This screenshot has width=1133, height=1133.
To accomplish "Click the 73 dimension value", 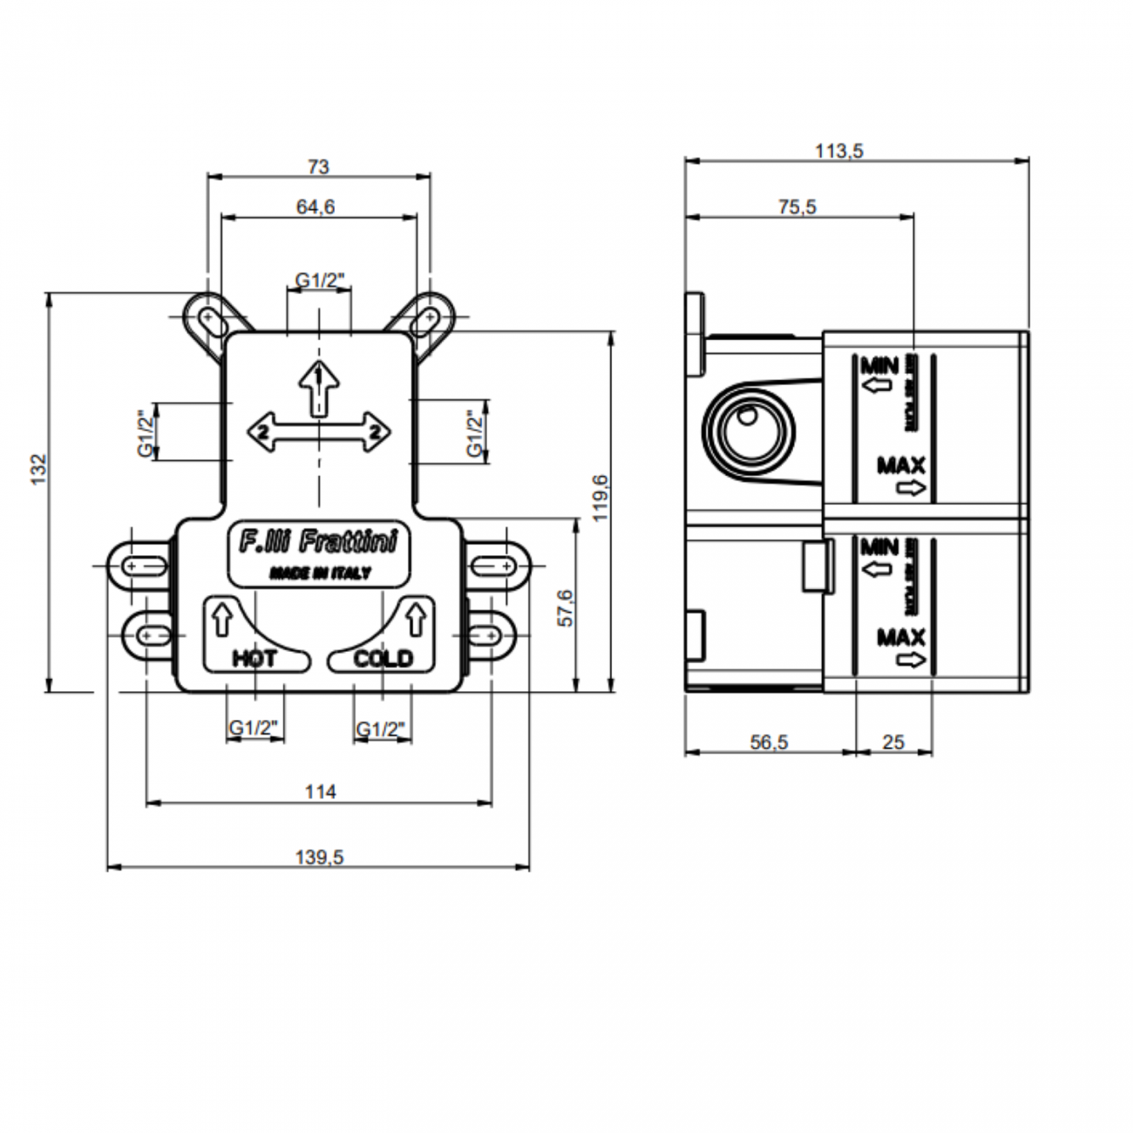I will tap(319, 166).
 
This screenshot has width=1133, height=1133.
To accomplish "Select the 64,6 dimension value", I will tap(315, 207).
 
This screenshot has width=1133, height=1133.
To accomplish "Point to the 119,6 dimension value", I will tap(600, 498).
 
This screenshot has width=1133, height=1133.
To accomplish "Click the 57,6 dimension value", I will tap(566, 607).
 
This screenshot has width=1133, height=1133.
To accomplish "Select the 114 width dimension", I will tap(320, 791).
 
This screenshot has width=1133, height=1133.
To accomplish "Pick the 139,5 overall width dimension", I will tap(319, 857).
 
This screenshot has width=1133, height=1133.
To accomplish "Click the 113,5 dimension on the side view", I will tap(838, 151).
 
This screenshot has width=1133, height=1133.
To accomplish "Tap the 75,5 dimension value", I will tap(797, 207).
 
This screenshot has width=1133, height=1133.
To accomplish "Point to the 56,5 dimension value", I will tap(769, 742).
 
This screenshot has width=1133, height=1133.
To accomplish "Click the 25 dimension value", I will tap(893, 742).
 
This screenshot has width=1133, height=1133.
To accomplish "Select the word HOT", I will tap(254, 658).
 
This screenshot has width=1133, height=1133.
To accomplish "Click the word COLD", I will tap(383, 658).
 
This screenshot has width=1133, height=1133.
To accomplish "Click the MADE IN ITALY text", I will tap(320, 573).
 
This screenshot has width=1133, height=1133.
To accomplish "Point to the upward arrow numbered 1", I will tap(320, 385).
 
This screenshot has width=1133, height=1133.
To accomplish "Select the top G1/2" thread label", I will tap(320, 280).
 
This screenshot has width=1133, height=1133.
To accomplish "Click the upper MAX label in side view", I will tap(901, 465).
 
